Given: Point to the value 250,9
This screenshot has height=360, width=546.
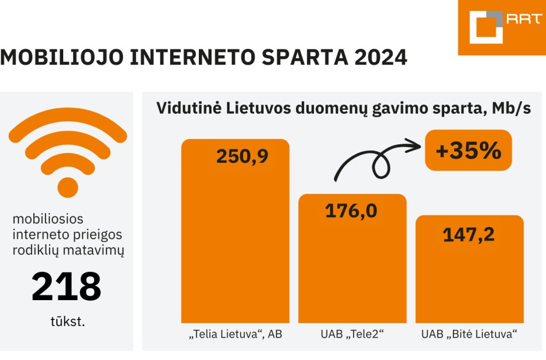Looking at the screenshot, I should [x=242, y=156].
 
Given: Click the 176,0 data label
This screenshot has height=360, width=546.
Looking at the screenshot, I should [x=351, y=211].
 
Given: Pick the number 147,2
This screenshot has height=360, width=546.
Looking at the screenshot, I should [x=468, y=235].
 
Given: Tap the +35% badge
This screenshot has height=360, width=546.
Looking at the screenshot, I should [x=468, y=150].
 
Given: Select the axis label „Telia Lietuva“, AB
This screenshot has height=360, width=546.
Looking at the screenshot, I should [x=235, y=334].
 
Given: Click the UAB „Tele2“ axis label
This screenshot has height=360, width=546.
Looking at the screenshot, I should [x=352, y=334].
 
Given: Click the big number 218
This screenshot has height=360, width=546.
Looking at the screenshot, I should [x=67, y=287].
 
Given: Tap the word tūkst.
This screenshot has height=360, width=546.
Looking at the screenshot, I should [x=67, y=321].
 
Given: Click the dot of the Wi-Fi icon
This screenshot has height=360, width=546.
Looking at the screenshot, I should [x=68, y=187].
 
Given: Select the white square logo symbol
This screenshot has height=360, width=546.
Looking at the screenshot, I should [x=486, y=27].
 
